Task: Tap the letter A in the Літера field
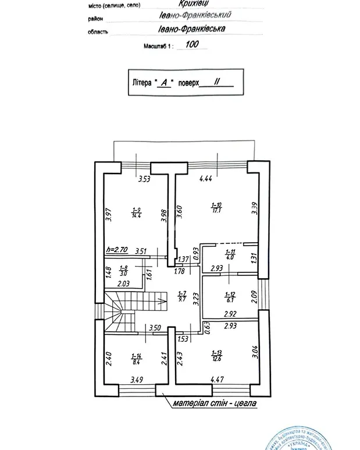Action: pyautogui.click(x=165, y=83)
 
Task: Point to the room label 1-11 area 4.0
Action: pyautogui.click(x=230, y=254)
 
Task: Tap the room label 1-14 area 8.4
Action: pyautogui.click(x=137, y=359)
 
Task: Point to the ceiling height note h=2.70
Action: pyautogui.click(x=117, y=251)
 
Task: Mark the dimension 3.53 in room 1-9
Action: pyautogui.click(x=144, y=179)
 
